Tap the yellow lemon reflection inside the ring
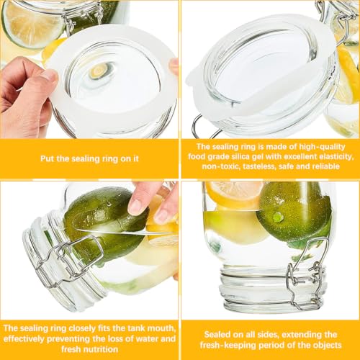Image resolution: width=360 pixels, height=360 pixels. click(x=99, y=71)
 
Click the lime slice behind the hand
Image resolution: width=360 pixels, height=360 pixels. click(x=30, y=23)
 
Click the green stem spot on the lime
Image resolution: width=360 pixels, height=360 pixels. click(x=278, y=217)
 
